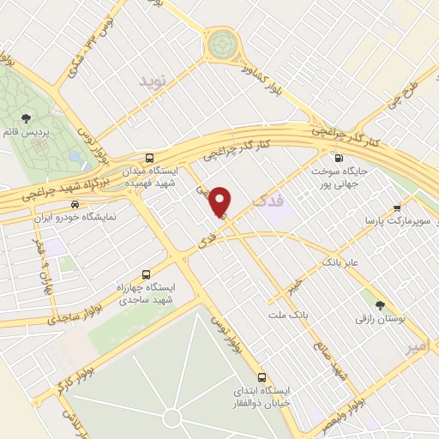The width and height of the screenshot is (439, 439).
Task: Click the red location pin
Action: pos(222,201)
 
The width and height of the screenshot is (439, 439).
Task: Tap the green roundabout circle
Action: pos(222,40)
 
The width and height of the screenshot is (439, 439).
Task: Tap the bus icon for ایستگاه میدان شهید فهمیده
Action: pos(151,158)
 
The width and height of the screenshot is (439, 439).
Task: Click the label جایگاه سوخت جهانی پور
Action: pos(364,177)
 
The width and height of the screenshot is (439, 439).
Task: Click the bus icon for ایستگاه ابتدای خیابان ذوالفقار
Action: pos(262,376)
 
